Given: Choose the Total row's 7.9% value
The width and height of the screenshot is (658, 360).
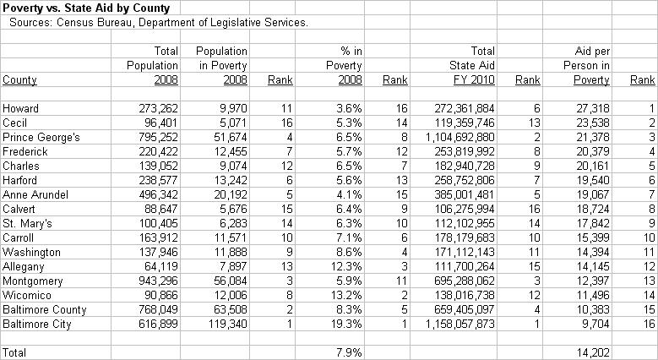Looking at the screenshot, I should tap(349, 351).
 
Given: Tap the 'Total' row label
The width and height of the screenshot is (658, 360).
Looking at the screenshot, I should tap(15, 351).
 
